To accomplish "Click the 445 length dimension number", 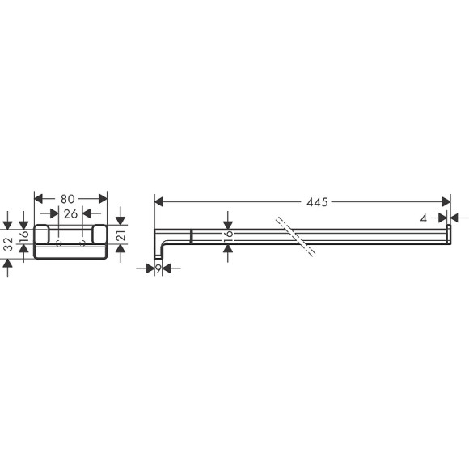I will point(316,201).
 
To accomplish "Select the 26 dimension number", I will point(70,214).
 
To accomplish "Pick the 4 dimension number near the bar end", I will point(423,218).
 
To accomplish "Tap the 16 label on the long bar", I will point(229,234).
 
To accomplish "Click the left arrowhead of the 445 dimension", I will point(158,201).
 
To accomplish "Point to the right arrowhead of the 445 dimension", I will point(446,201).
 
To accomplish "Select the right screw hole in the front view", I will point(82,243).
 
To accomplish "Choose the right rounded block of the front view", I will point(99,236).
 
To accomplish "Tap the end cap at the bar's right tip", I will point(447,235).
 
